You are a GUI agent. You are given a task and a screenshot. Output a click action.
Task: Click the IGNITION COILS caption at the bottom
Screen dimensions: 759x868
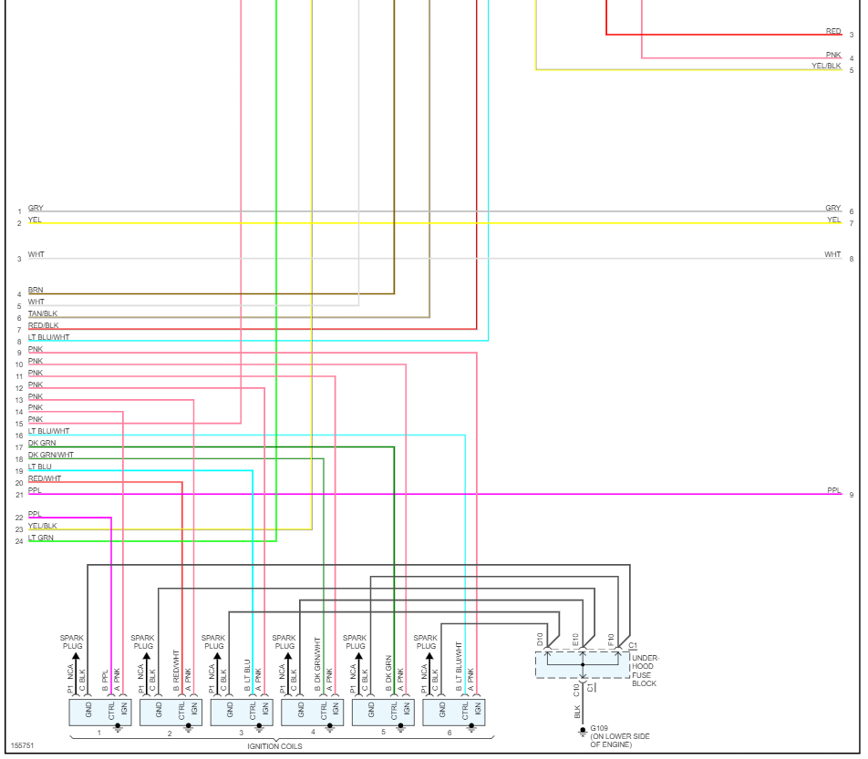pos(274,746)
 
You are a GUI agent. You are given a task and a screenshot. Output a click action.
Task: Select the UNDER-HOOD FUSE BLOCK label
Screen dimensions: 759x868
pos(645,670)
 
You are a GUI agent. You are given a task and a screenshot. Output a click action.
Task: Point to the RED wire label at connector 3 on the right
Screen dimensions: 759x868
pos(833,31)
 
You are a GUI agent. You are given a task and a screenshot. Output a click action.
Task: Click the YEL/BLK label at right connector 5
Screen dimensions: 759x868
pos(826,67)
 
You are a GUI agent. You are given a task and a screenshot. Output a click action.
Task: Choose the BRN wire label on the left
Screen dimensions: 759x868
pos(36,290)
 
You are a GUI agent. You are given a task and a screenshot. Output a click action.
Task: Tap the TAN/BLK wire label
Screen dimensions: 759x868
pos(43,313)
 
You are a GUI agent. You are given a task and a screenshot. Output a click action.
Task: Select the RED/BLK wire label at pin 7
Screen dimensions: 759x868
pos(43,325)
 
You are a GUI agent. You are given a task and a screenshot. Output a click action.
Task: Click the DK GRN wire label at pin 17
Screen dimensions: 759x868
pos(42,443)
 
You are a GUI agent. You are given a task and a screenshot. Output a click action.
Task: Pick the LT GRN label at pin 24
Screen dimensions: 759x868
pos(41,538)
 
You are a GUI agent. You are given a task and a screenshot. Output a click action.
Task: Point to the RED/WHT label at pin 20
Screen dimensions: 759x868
pos(45,478)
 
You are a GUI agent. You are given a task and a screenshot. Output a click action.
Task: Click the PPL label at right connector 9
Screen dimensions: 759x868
pos(834,490)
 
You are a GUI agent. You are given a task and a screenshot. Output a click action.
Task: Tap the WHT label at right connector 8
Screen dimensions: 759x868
pos(832,254)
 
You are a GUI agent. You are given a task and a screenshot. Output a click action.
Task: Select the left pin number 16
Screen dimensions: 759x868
pos(18,436)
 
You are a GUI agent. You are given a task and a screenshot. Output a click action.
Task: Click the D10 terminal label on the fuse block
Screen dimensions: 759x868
pos(541,639)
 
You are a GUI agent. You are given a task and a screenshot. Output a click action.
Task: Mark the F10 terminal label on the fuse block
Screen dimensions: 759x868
pos(611,639)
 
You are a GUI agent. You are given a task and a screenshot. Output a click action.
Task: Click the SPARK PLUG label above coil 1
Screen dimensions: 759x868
pos(72,641)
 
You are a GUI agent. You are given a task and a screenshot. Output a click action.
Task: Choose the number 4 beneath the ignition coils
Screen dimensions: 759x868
pos(312,733)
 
